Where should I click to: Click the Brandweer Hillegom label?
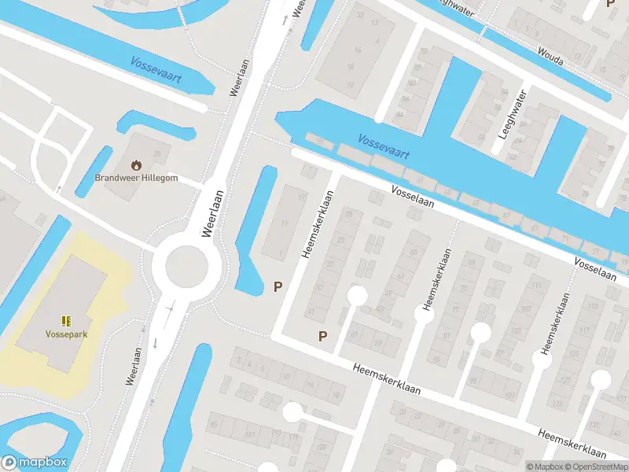tap(137, 178)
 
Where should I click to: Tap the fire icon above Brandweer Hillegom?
tap(137, 165)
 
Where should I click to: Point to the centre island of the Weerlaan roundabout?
tap(186, 266)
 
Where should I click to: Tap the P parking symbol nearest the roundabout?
tap(277, 287)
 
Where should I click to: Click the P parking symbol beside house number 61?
tap(322, 337)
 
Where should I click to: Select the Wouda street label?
tap(550, 54)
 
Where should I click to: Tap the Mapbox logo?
tap(35, 463)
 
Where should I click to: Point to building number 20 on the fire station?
tap(157, 153)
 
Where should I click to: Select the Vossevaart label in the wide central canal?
tap(383, 146)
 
